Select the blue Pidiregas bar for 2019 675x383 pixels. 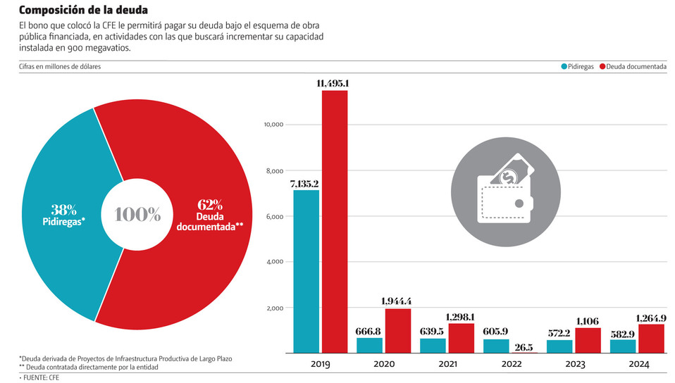[x=306, y=271]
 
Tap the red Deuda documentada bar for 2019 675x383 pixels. [x=335, y=222]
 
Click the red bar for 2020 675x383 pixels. [x=398, y=331]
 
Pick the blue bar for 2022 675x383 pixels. [x=497, y=346]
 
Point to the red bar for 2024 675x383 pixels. [x=652, y=339]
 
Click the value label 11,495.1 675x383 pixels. [x=334, y=84]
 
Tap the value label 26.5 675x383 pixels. [x=524, y=346]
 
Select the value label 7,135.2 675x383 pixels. [x=304, y=184]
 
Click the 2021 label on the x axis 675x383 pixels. [x=447, y=365]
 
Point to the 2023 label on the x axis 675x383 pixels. [x=574, y=365]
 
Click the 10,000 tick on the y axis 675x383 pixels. [x=272, y=125]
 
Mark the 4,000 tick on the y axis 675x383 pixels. [x=273, y=262]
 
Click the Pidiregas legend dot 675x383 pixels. [x=564, y=67]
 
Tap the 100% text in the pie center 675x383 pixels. [x=138, y=215]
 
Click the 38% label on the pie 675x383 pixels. [x=64, y=209]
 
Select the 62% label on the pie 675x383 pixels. [x=210, y=205]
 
